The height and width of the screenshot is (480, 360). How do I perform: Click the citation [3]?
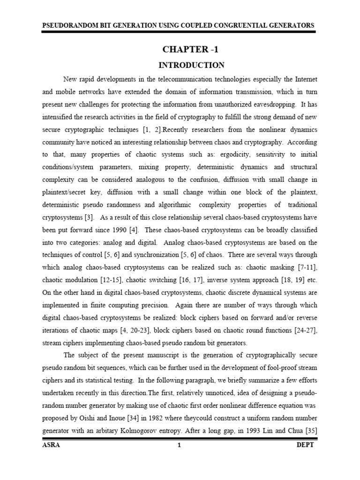[x=101, y=217]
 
